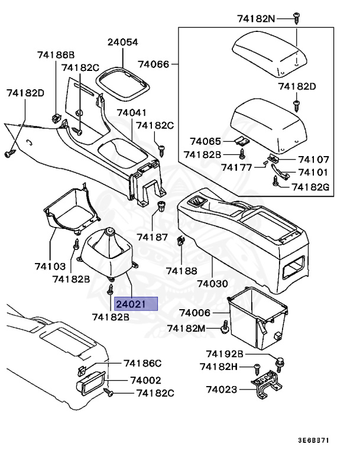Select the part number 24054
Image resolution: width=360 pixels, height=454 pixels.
(122, 42)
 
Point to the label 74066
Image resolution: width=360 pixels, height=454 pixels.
(153, 64)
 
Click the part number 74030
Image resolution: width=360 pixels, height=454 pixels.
(212, 284)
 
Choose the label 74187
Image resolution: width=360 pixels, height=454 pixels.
(152, 236)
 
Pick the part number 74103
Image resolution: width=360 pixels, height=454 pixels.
(50, 267)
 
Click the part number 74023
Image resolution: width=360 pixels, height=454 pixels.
(222, 390)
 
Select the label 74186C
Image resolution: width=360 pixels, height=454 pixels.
(142, 363)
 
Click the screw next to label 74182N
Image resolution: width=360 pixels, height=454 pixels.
(297, 18)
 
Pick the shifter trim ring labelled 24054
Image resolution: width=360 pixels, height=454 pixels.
(124, 79)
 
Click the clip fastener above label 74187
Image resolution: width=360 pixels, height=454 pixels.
(161, 207)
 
